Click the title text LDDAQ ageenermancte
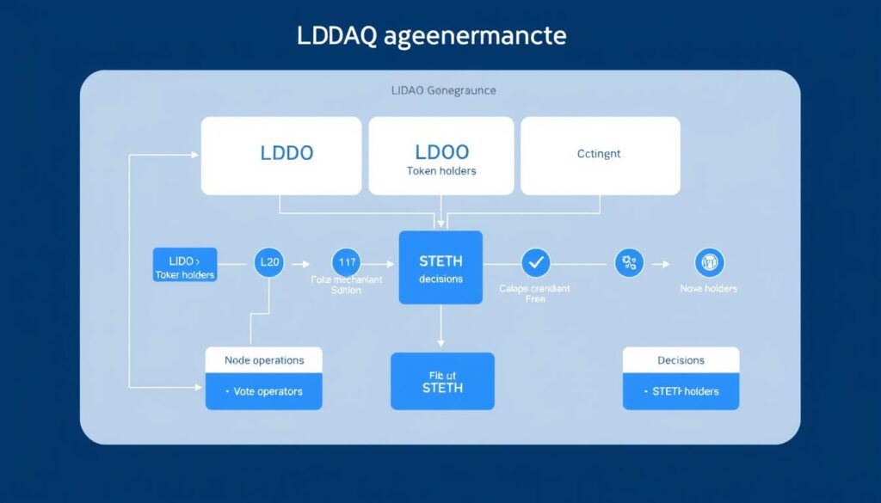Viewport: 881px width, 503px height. tap(431, 37)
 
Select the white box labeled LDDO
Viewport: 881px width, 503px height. tap(281, 156)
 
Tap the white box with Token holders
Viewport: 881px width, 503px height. tap(441, 156)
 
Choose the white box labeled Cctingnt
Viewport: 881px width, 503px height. tap(600, 156)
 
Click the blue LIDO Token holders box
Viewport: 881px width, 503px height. tap(185, 265)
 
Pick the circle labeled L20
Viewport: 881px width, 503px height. tap(270, 262)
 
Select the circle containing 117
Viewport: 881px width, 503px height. tap(347, 261)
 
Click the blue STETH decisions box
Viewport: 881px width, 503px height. tap(440, 267)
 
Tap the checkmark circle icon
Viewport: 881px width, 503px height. tap(535, 261)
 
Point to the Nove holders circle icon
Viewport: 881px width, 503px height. tap(709, 261)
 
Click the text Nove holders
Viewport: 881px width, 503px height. tap(709, 289)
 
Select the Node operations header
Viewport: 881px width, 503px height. tap(264, 360)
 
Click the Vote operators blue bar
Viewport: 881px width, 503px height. tap(264, 391)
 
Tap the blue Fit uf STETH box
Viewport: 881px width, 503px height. tap(442, 381)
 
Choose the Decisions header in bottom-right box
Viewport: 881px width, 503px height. tap(681, 360)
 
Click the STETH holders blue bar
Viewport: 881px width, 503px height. tap(681, 391)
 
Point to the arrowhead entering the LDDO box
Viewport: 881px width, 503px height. tap(194, 156)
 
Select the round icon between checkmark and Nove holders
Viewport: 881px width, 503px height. tap(630, 261)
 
